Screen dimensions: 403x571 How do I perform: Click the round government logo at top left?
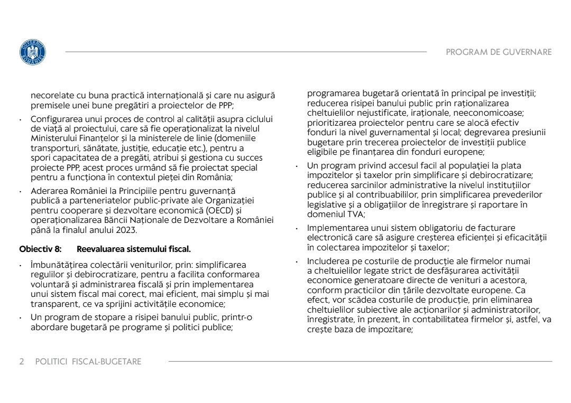click(x=32, y=52)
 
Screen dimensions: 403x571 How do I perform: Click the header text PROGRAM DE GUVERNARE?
click(x=499, y=52)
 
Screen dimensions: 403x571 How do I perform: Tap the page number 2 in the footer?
click(x=22, y=361)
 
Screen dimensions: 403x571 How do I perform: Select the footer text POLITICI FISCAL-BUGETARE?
click(x=88, y=361)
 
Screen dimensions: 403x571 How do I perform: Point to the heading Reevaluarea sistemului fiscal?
click(x=134, y=248)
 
